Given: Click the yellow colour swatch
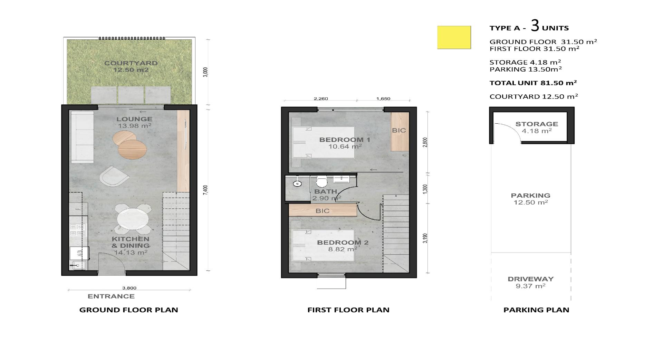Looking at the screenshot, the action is pyautogui.click(x=454, y=37).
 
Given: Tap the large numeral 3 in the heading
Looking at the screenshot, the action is pyautogui.click(x=535, y=26).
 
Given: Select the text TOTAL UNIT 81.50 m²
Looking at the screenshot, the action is pyautogui.click(x=533, y=83).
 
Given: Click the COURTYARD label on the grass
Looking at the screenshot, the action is pyautogui.click(x=131, y=63).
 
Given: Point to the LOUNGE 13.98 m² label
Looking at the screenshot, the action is pyautogui.click(x=134, y=122).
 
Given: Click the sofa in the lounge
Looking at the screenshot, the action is pyautogui.click(x=82, y=137).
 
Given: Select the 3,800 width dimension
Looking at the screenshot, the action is pyautogui.click(x=129, y=288).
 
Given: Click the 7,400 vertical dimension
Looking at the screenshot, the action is pyautogui.click(x=205, y=190).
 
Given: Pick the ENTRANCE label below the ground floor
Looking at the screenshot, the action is pyautogui.click(x=111, y=296).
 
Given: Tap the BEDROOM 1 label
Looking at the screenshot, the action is pyautogui.click(x=345, y=140).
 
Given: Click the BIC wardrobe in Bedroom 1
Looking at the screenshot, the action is pyautogui.click(x=400, y=132).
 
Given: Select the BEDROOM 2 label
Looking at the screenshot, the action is pyautogui.click(x=343, y=243).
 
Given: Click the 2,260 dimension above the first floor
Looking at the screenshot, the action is pyautogui.click(x=321, y=99).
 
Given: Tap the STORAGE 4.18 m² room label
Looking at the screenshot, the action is pyautogui.click(x=537, y=127).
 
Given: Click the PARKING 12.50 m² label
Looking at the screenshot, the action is pyautogui.click(x=531, y=199).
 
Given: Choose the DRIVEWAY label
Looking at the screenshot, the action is pyautogui.click(x=531, y=282).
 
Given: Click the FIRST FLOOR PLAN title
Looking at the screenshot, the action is pyautogui.click(x=348, y=310).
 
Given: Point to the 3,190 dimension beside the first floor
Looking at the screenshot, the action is pyautogui.click(x=425, y=238).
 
